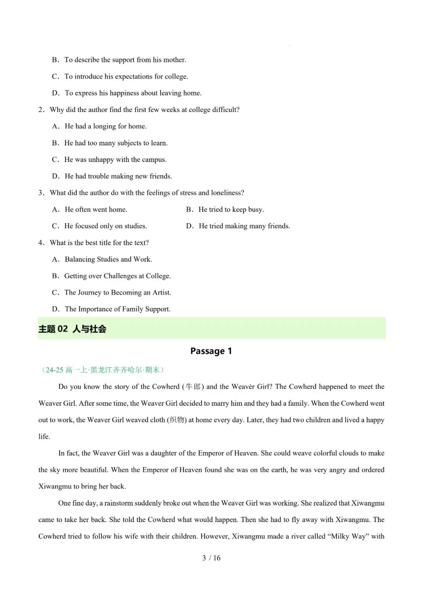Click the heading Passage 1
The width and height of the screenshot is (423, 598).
(x=211, y=351)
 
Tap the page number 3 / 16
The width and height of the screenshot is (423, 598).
(x=211, y=558)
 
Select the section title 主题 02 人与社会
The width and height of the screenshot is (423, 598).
(x=72, y=329)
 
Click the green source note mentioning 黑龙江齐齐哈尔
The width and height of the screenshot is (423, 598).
(x=103, y=370)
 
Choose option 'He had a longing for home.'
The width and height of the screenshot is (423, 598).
(x=105, y=126)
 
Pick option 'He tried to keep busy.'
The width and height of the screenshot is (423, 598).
(x=231, y=209)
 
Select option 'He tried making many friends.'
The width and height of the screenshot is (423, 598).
(x=244, y=226)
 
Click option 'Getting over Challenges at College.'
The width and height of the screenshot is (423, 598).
(x=117, y=276)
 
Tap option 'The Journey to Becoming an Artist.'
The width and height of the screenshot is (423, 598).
(x=117, y=293)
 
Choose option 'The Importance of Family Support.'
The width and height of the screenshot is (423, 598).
(x=117, y=309)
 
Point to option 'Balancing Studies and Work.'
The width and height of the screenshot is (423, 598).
(x=108, y=259)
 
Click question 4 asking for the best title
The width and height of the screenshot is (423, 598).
(x=99, y=242)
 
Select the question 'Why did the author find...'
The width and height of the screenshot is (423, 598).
(x=144, y=110)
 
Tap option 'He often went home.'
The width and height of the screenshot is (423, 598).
(x=96, y=209)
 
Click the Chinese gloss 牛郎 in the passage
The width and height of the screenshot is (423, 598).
(x=193, y=387)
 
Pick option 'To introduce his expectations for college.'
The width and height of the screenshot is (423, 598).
(x=126, y=76)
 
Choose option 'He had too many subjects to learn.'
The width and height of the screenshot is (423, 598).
(x=116, y=143)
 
